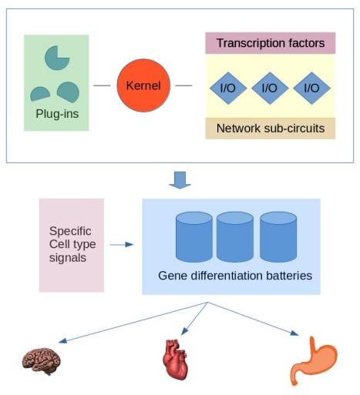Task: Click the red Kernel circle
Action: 143,85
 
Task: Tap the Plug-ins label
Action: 57,114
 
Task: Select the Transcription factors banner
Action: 271,43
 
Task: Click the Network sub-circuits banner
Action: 271,128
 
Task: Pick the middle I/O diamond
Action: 270,88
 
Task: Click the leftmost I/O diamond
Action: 228,88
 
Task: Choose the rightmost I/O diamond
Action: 311,88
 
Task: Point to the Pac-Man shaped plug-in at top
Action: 56,58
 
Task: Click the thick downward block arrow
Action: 180,180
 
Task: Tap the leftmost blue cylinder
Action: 194,236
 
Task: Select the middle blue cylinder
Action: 235,236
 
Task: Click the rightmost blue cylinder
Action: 278,236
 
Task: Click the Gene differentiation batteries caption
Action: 235,276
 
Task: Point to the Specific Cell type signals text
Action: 72,244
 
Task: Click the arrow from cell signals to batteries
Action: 122,245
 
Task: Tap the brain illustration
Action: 42,361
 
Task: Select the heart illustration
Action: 175,360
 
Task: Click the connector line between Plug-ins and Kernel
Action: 102,85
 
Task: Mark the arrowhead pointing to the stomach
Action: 294,333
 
